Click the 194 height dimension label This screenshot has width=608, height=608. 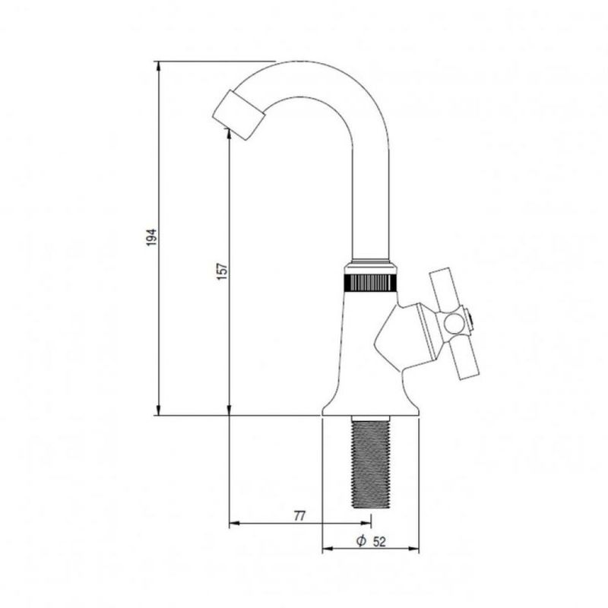[x=151, y=237]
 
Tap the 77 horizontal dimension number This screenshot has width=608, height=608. [x=299, y=516]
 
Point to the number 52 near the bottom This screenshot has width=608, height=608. [x=379, y=542]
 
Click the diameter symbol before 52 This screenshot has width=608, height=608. [x=361, y=540]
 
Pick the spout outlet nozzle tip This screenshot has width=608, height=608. [x=238, y=115]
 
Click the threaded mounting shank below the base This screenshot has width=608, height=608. [x=370, y=461]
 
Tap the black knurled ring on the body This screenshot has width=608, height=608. [x=370, y=283]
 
